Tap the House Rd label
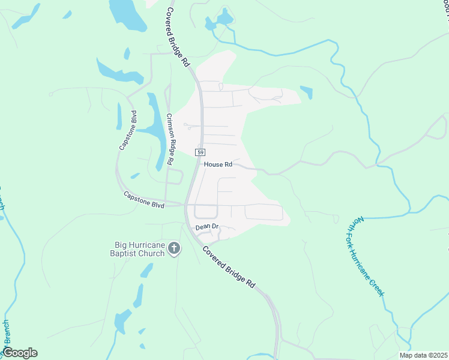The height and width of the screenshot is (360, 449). click(x=217, y=164)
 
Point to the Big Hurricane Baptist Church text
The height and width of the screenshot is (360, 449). click(x=140, y=249)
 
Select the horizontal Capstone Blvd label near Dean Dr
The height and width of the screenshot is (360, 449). click(x=144, y=200)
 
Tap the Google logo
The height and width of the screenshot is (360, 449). click(x=20, y=353)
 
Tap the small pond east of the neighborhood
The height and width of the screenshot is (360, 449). click(x=306, y=92)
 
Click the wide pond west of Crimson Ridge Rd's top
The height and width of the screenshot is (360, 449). click(x=113, y=70)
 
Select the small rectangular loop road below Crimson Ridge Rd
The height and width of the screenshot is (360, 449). click(x=175, y=177)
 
